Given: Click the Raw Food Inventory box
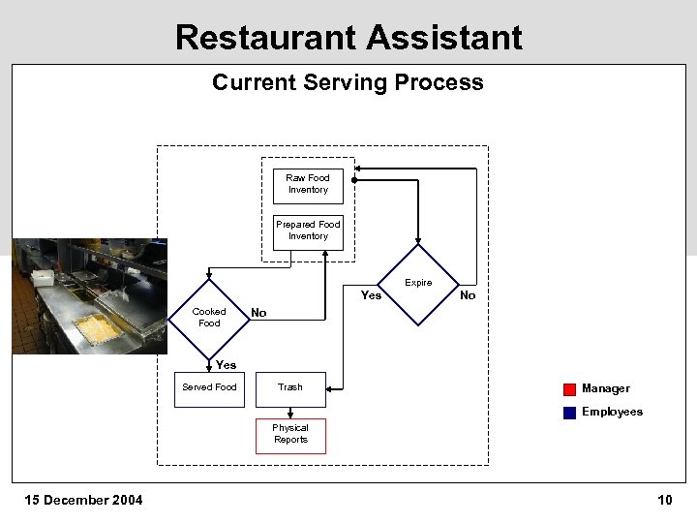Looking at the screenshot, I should click(x=308, y=184).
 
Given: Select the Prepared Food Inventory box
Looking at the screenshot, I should click(x=308, y=231).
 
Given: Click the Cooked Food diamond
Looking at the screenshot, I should click(x=209, y=318).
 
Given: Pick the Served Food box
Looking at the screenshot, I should click(x=209, y=387).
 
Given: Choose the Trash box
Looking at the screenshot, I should click(x=290, y=388).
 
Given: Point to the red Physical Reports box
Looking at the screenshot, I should click(x=290, y=435).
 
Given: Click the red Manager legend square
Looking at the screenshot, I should click(x=569, y=389).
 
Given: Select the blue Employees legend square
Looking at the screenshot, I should click(x=569, y=413).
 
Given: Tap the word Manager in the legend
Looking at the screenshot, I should click(x=606, y=388).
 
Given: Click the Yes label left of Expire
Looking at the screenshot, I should click(x=371, y=295).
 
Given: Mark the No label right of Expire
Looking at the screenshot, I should click(x=468, y=295).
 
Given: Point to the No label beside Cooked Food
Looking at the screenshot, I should click(x=258, y=313).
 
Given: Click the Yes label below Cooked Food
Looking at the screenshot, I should click(x=226, y=365).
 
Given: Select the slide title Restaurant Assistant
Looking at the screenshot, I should click(x=348, y=37).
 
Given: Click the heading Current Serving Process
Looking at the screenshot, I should click(x=348, y=82).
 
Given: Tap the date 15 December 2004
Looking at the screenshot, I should click(x=83, y=500).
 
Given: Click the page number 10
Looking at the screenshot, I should click(x=664, y=500).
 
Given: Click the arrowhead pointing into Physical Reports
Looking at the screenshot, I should click(x=290, y=415).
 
